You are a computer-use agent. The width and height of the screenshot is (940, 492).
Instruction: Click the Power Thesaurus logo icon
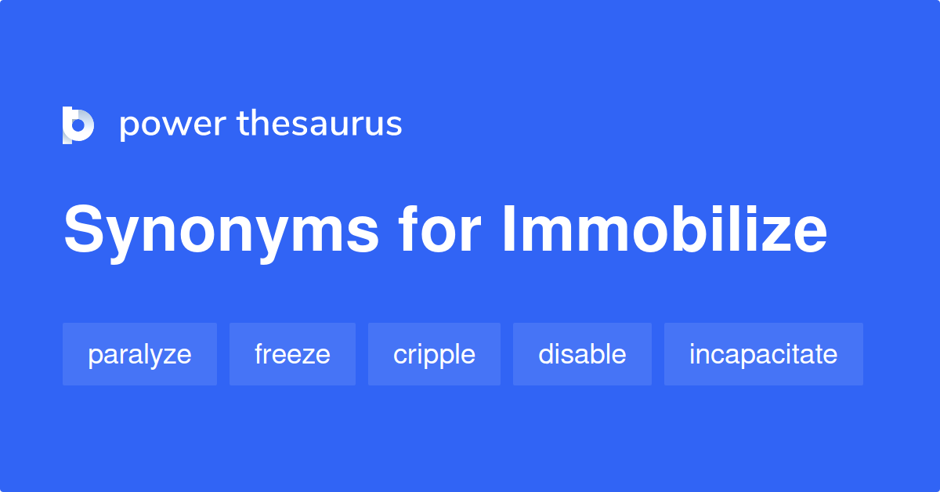78,125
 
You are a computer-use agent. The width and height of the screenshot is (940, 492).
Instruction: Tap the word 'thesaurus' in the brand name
320,124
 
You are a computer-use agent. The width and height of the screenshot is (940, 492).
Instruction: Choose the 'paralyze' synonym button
139,354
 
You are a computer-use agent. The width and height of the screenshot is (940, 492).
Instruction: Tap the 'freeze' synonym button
292,354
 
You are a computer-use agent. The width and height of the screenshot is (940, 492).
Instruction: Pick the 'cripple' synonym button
434,354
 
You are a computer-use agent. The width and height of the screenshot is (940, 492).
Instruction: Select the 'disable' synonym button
582,354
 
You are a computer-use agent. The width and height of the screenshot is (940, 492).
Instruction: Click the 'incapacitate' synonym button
763,354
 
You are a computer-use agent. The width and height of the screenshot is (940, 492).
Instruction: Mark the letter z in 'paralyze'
171,356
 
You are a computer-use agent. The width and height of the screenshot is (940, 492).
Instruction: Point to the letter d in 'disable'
545,354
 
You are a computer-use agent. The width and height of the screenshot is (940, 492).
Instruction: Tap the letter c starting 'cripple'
399,356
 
